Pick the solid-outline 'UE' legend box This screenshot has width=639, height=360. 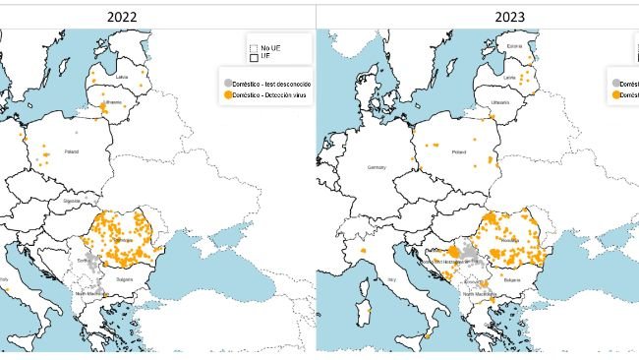254,57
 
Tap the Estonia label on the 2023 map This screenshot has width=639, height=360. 513,44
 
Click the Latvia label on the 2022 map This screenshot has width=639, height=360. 122,76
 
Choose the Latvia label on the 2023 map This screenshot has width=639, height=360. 509,76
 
